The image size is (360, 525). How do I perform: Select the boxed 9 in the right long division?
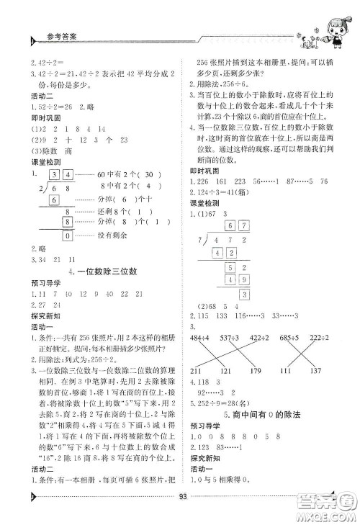coord(245,280)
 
